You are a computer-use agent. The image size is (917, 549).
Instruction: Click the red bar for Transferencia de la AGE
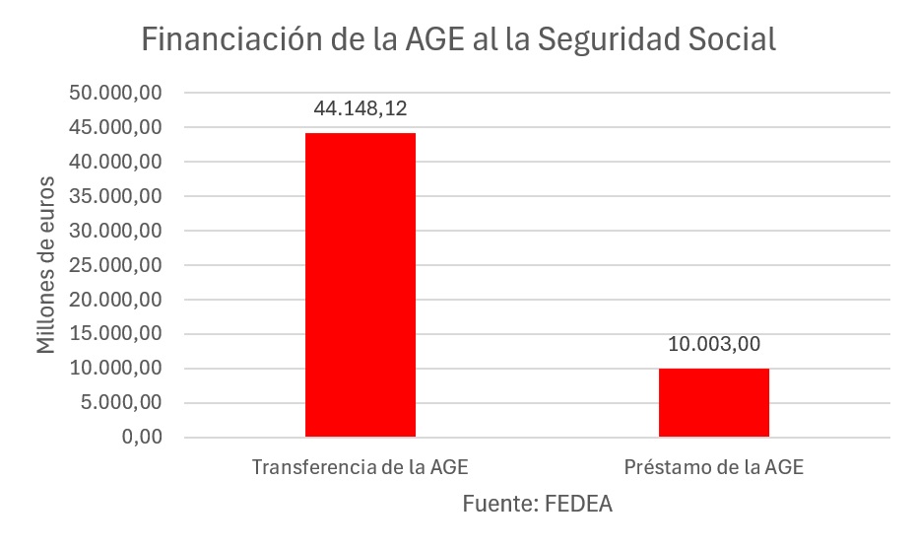tap(360, 285)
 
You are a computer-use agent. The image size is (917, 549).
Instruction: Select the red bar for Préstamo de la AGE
tap(714, 402)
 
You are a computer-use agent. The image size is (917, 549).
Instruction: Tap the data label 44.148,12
tap(360, 108)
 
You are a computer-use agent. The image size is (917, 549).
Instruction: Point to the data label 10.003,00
tap(714, 344)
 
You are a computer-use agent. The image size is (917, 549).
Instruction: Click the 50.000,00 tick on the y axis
tap(115, 93)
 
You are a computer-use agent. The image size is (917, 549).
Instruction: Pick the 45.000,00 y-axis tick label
tap(115, 127)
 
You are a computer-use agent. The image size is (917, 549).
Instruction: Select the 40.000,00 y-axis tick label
tap(115, 162)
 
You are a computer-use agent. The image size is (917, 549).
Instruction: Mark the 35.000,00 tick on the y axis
tap(115, 196)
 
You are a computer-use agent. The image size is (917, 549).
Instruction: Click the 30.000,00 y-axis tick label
tap(115, 231)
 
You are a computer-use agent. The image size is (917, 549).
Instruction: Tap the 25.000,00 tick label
tap(115, 265)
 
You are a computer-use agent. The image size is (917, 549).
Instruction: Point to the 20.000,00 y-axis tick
tap(115, 300)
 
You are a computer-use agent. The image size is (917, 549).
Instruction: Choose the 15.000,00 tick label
tap(115, 334)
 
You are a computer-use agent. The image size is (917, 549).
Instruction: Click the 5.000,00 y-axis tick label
tap(120, 403)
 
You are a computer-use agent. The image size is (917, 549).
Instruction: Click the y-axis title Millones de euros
tap(46, 265)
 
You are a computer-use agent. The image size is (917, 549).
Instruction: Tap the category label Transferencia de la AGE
tap(360, 467)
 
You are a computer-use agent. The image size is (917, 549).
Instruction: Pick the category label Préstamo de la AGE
tap(714, 467)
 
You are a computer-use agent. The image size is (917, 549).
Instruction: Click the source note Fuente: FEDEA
tap(538, 505)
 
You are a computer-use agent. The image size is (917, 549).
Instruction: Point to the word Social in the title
tap(728, 38)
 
